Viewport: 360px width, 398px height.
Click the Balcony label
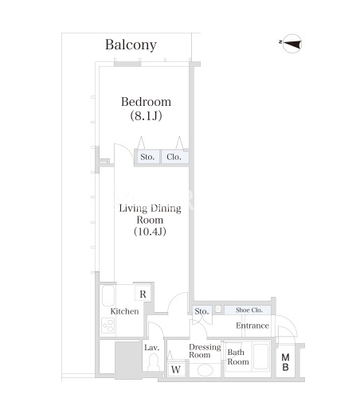point(131,45)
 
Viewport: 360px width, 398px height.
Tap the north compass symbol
point(292,44)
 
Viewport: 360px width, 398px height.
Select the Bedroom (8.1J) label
point(146,108)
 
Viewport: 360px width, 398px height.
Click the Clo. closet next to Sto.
point(175,157)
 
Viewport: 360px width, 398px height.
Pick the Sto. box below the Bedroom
point(147,157)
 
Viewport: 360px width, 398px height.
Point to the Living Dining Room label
point(150,220)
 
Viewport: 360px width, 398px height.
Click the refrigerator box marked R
point(143,294)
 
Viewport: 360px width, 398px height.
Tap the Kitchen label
point(124,311)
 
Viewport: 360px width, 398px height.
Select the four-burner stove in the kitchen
point(108,326)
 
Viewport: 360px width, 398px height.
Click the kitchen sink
point(108,295)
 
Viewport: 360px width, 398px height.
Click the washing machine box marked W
point(176,369)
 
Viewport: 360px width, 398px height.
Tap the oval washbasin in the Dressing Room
point(205,370)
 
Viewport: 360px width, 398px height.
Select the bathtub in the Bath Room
point(260,357)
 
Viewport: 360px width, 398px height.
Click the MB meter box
point(285,361)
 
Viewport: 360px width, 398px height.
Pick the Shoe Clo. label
point(249,310)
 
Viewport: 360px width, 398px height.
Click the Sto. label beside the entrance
point(202,311)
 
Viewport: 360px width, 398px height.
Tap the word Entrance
point(252,326)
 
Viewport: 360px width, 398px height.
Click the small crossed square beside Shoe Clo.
point(218,309)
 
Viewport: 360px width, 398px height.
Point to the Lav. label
point(152,348)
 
